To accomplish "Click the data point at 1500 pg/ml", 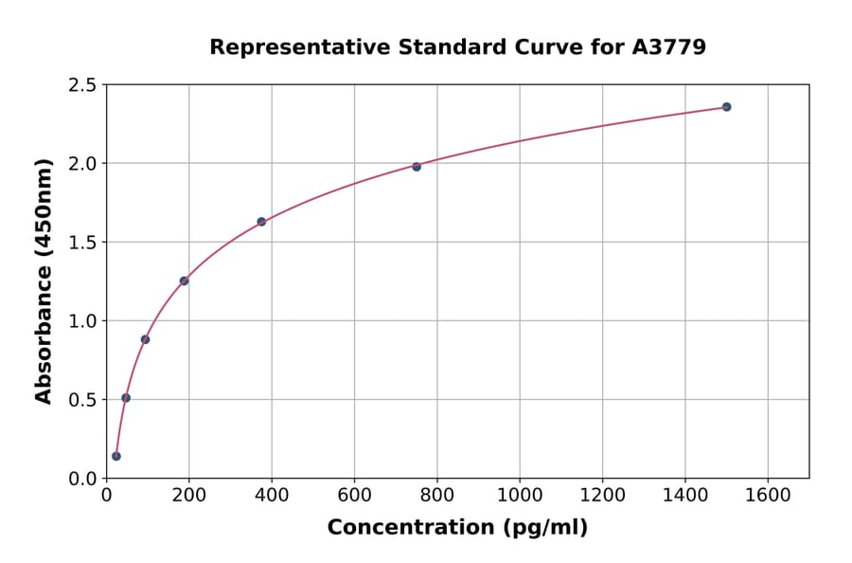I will click(726, 107).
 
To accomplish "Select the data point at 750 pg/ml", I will click(417, 167).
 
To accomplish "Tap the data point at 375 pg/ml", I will click(261, 222).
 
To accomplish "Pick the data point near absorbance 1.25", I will click(184, 281).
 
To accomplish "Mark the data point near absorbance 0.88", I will click(145, 339).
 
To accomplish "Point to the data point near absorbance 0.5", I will click(126, 398).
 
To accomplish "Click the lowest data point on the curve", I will click(116, 456).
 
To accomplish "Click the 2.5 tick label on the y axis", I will click(81, 85).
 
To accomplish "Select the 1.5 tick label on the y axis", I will click(81, 243).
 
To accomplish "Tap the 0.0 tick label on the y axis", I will click(81, 479).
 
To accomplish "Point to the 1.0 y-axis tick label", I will click(81, 321).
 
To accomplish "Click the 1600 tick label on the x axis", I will click(768, 495).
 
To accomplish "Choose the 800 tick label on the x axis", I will click(437, 495).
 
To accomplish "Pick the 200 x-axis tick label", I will click(188, 495).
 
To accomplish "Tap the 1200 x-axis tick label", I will click(603, 495).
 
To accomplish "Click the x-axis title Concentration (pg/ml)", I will click(457, 528).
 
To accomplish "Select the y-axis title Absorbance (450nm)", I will click(44, 281).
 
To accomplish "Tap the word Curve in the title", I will click(549, 46).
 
